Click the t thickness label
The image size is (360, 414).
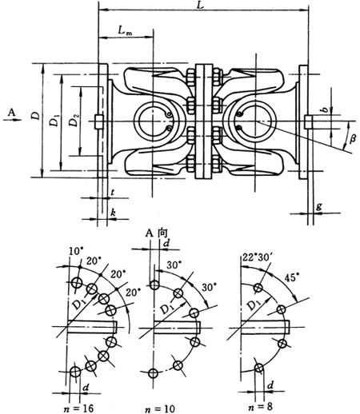114,193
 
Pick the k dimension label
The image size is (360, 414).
114,212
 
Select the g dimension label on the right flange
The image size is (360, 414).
320,206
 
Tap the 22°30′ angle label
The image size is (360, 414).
257,256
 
